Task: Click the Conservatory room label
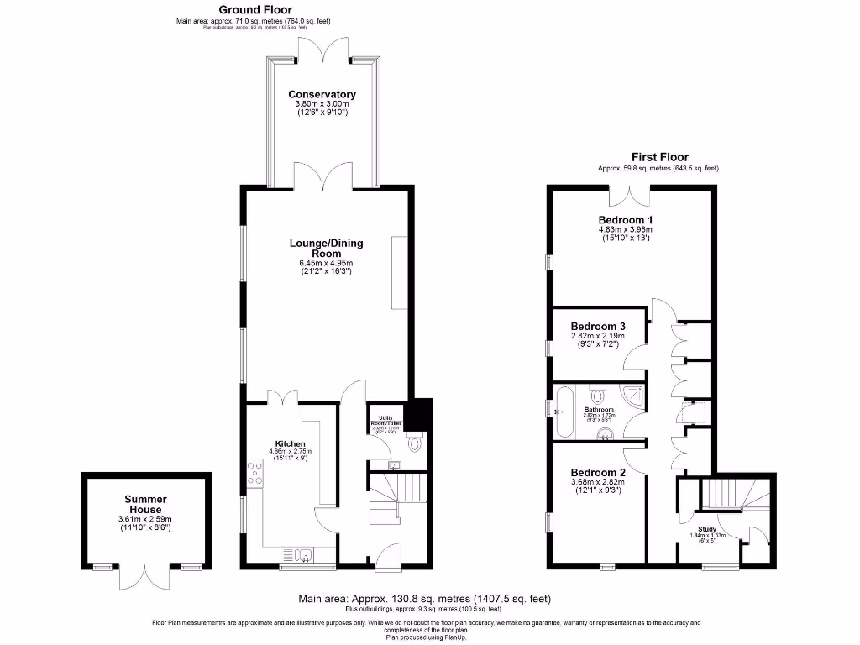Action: coord(322,95)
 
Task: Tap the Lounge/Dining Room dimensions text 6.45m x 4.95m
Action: coord(326,262)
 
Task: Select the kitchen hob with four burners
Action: coord(255,474)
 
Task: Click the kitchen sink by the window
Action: coord(299,554)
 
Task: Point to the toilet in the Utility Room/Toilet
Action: coord(413,443)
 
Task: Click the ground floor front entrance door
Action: coord(386,553)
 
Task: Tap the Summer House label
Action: coord(145,504)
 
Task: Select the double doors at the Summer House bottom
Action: coord(144,578)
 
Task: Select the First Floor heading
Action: coord(659,157)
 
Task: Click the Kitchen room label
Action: coord(291,443)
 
